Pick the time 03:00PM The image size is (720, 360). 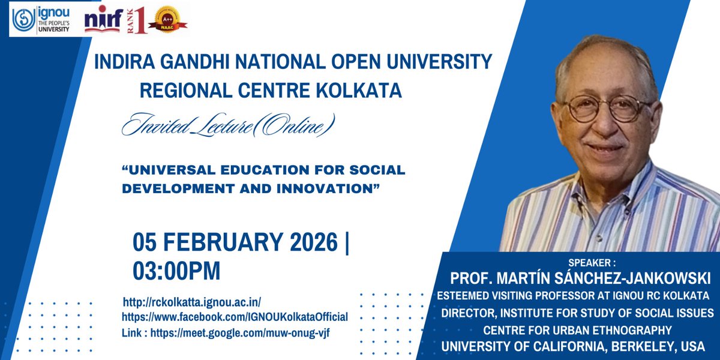pos(176,270)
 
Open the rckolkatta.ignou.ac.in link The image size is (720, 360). pos(192,302)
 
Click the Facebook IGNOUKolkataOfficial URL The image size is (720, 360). pos(235,317)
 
